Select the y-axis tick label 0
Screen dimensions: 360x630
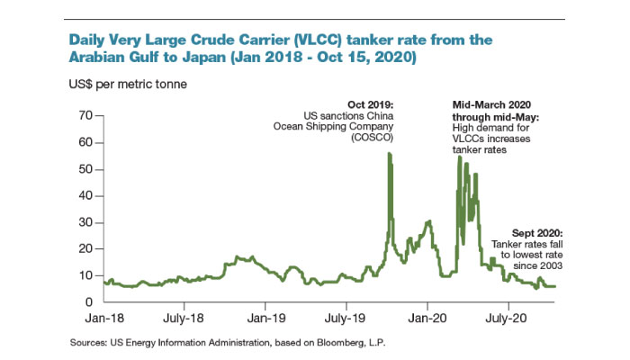[x=90, y=301]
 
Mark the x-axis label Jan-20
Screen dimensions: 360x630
[x=427, y=318]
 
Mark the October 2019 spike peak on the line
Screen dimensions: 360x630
[x=390, y=154]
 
